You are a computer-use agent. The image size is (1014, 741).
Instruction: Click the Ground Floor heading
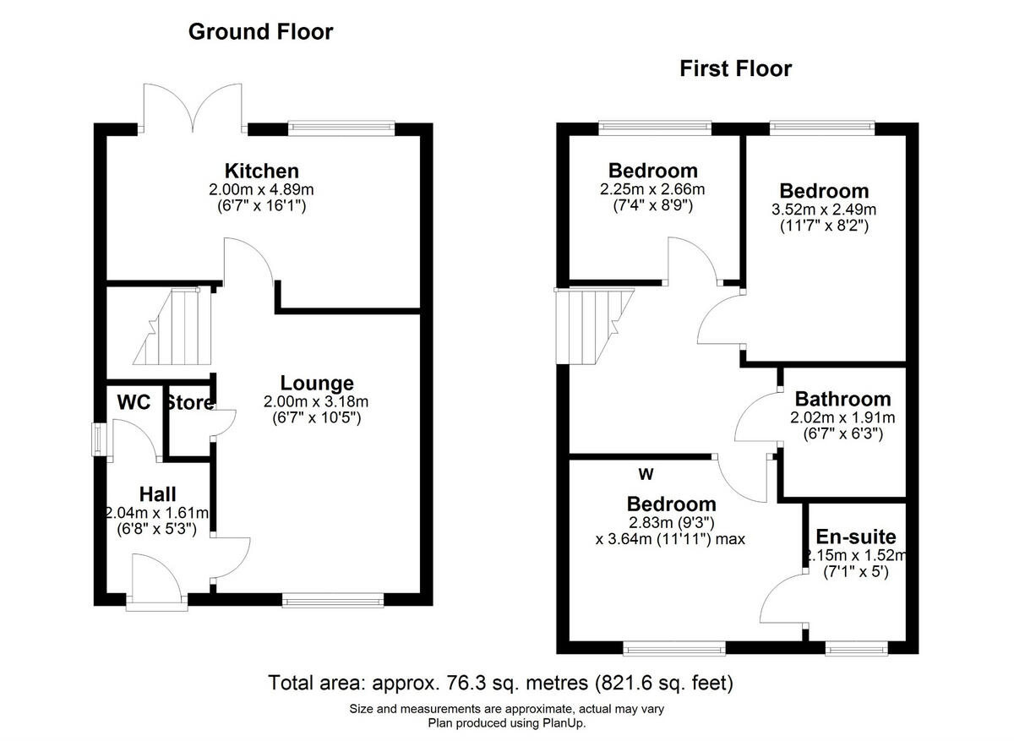(x=260, y=32)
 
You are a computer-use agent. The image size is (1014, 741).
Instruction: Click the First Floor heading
(x=735, y=68)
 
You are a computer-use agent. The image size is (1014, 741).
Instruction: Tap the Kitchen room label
(x=261, y=171)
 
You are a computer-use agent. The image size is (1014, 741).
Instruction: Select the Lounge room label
(x=317, y=384)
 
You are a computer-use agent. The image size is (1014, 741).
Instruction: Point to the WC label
(x=134, y=402)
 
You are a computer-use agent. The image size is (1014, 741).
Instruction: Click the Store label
(x=189, y=403)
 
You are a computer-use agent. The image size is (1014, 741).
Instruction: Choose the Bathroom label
(x=842, y=399)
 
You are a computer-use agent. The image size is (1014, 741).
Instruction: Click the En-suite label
(x=855, y=537)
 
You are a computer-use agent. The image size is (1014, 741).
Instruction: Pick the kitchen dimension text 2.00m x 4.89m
(x=261, y=189)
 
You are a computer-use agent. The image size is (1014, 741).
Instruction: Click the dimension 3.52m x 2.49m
(x=824, y=210)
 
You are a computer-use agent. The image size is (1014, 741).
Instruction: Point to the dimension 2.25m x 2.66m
(x=652, y=189)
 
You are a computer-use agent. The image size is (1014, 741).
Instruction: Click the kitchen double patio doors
(x=195, y=110)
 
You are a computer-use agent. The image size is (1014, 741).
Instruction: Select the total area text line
(x=500, y=682)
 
